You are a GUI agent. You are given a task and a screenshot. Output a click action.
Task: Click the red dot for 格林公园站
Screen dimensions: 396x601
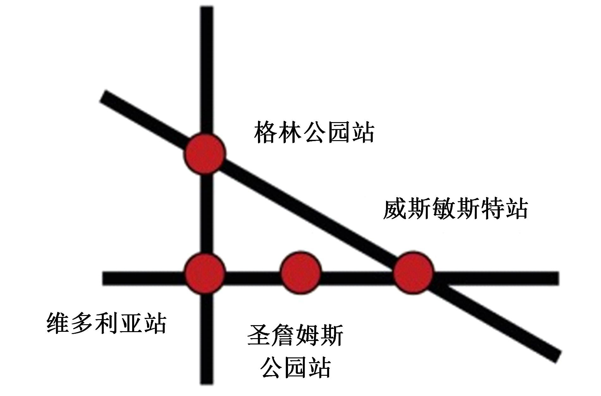(205, 154)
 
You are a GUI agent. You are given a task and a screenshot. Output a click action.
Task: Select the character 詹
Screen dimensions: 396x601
(283, 336)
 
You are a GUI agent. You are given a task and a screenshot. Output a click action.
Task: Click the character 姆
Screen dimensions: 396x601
(307, 336)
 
